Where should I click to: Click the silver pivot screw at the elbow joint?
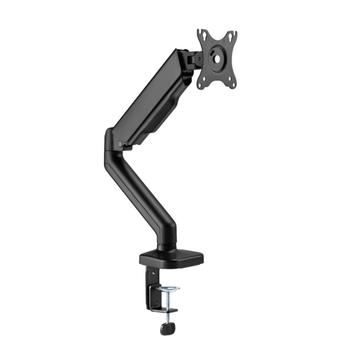tap(120, 144)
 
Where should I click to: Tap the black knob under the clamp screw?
tap(166, 328)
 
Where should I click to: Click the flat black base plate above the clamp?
tap(171, 258)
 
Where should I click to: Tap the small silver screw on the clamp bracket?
tap(153, 271)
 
